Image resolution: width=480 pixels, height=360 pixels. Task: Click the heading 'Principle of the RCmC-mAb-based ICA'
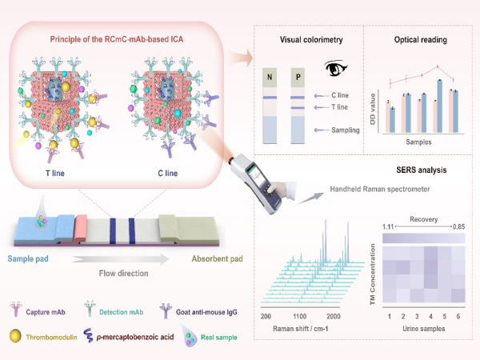coord(121,41)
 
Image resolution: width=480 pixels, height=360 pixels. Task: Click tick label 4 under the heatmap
coord(432,318)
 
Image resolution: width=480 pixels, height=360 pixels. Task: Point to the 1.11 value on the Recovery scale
coord(390,228)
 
